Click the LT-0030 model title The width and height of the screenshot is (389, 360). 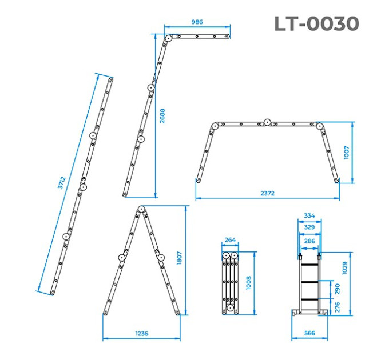[x=316, y=24]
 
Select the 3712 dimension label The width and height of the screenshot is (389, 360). [x=62, y=183]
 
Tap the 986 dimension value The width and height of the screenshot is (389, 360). [x=197, y=22]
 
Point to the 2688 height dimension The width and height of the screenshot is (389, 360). [x=162, y=115]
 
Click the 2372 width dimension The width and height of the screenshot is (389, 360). [x=268, y=193]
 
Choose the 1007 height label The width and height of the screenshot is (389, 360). [x=347, y=153]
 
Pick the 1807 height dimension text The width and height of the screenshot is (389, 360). [x=180, y=258]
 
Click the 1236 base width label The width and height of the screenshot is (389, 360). [x=142, y=334]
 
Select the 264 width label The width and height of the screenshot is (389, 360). [x=230, y=239]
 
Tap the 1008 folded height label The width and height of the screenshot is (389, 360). [x=248, y=283]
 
